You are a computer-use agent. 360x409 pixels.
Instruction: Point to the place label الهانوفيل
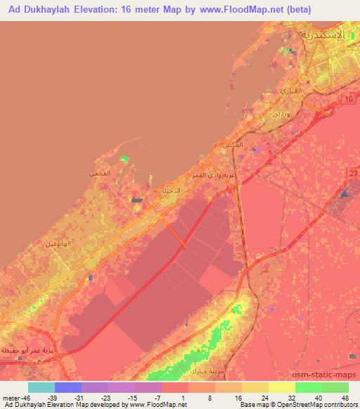(58, 244)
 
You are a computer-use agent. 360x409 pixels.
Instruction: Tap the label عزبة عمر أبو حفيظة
(30, 349)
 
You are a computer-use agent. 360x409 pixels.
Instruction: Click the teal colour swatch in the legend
(41, 387)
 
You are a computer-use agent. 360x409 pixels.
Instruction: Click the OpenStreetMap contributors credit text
(319, 405)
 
